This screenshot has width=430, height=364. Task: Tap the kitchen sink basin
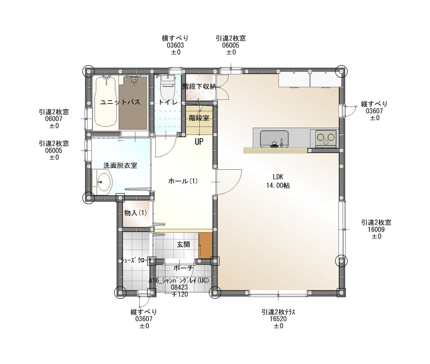tap(274, 139)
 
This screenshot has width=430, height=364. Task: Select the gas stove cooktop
tap(325, 137)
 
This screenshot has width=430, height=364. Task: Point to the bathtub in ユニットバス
tap(106, 102)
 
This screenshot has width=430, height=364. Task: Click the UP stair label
tap(199, 142)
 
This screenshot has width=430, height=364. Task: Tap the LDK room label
tap(278, 177)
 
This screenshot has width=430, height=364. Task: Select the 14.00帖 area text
tap(278, 185)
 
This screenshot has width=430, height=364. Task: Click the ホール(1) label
tap(183, 181)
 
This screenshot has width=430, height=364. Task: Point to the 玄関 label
tap(183, 244)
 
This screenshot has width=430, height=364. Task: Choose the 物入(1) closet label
tap(136, 213)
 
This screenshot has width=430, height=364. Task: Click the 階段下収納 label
tap(199, 87)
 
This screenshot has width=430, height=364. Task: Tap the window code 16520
tap(278, 319)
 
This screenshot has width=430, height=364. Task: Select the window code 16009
tap(376, 229)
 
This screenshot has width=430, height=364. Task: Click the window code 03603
tap(175, 45)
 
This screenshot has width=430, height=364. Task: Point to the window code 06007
tap(54, 119)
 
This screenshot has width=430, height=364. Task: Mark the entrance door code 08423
tap(179, 287)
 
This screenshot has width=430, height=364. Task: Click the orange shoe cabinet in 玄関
tap(205, 245)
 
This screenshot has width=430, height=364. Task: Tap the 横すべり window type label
tap(175, 38)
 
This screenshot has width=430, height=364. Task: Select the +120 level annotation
tap(180, 294)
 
